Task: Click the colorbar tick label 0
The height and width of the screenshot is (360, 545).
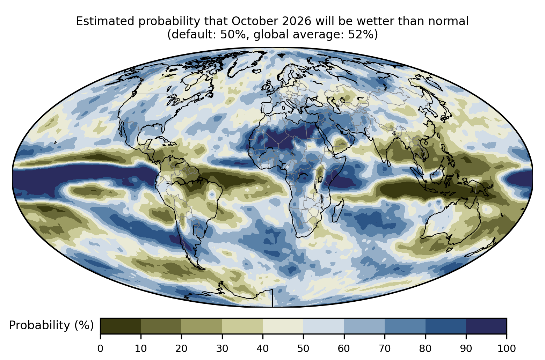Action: point(100,348)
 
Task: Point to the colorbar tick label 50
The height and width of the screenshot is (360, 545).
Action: point(303,348)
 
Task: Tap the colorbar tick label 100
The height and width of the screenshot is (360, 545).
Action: point(507,348)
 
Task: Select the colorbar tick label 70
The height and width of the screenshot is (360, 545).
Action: point(384,348)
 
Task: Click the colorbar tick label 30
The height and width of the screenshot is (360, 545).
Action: point(222,348)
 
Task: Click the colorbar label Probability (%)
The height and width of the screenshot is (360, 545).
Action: point(51,325)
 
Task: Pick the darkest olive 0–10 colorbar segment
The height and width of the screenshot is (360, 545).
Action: point(121,326)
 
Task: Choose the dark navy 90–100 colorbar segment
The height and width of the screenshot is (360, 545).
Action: point(486,326)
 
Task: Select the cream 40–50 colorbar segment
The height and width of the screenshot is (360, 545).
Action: point(283,326)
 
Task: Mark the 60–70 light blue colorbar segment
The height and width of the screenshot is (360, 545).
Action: point(364,326)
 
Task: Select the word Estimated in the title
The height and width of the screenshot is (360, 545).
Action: point(105,21)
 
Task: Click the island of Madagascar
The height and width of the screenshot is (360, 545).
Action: point(338,211)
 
